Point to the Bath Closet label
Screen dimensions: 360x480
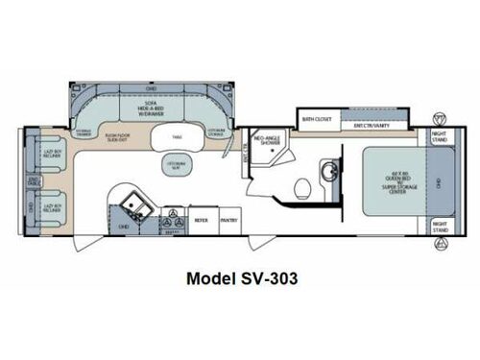click(x=316, y=120)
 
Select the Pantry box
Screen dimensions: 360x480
click(x=228, y=219)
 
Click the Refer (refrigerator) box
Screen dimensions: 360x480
click(x=202, y=219)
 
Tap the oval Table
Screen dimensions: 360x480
click(x=179, y=138)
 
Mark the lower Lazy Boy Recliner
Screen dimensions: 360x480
click(x=45, y=206)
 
